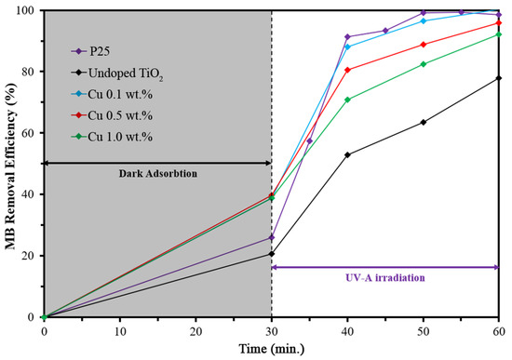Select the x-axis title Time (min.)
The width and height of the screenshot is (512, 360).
pos(270,349)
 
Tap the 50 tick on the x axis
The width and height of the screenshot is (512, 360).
pos(424,329)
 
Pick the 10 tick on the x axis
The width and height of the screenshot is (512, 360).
pos(120,329)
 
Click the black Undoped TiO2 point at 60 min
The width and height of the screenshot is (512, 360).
pos(500,78)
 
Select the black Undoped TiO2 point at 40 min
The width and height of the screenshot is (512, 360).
pos(347,154)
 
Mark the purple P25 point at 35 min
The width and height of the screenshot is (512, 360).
pos(309,140)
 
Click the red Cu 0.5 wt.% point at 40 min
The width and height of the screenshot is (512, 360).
pos(347,70)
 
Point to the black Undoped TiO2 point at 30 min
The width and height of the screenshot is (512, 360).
pos(272,254)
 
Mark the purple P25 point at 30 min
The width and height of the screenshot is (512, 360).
pos(272,237)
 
